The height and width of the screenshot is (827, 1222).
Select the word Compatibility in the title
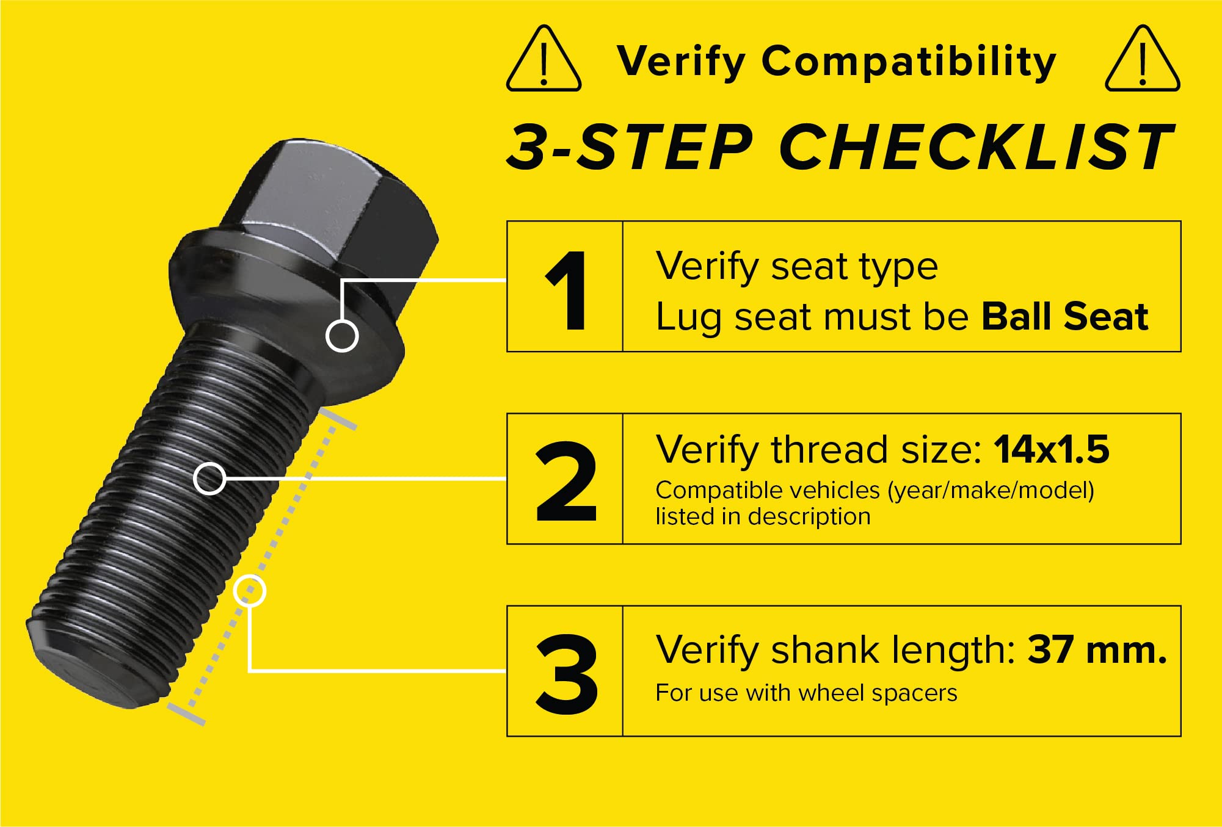click(908, 62)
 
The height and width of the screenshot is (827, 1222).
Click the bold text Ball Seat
click(1064, 317)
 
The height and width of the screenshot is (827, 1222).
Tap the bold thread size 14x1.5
click(1051, 450)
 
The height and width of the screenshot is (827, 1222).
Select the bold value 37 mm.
click(1097, 649)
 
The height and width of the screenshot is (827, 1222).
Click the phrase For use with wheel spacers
click(806, 693)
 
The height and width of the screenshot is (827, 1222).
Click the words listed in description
click(763, 517)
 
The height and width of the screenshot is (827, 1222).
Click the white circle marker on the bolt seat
click(342, 336)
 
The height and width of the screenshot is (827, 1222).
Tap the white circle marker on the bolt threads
click(209, 478)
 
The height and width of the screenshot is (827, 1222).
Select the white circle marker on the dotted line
click(249, 591)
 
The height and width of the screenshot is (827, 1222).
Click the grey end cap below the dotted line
click(186, 715)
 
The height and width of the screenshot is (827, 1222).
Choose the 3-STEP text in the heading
click(629, 147)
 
